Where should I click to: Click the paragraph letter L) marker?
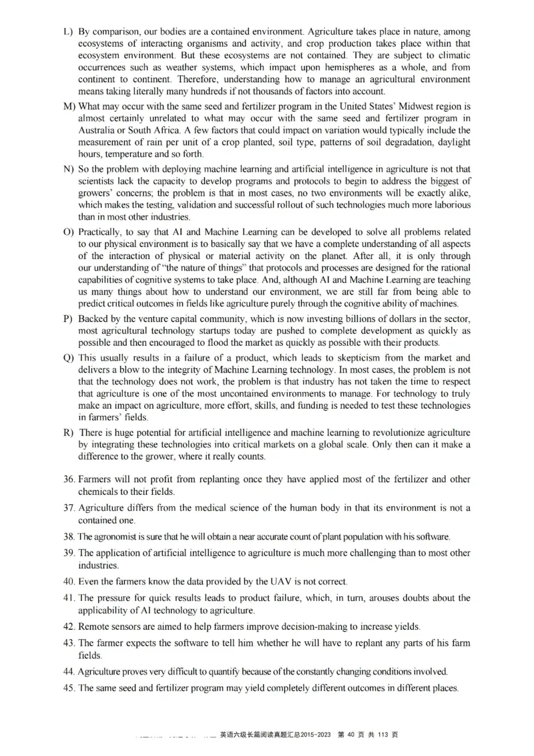67,31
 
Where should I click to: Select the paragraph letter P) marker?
67,319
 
